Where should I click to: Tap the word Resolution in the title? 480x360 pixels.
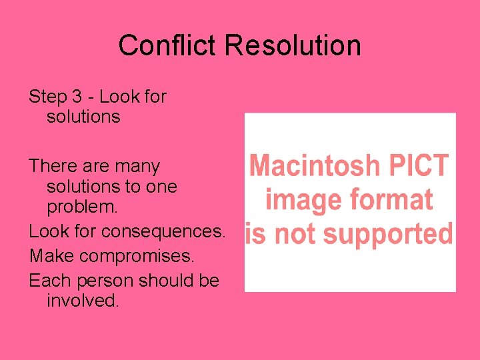tap(293, 45)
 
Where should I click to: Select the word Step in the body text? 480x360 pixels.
tap(48, 97)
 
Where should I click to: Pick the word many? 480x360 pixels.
tap(137, 166)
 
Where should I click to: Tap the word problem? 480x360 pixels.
tap(82, 207)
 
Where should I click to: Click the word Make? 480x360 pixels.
tap(50, 256)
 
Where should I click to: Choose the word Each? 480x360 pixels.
tap(49, 281)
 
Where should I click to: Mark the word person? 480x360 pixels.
tap(103, 281)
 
